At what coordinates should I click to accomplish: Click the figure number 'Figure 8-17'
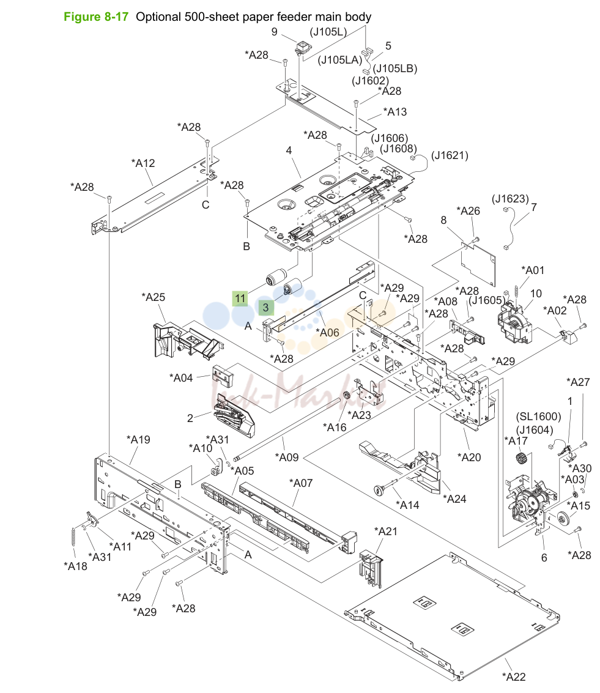pyautogui.click(x=96, y=17)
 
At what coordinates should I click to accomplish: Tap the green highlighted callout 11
pyautogui.click(x=240, y=298)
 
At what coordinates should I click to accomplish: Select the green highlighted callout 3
pyautogui.click(x=266, y=308)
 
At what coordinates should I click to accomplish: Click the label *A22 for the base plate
pyautogui.click(x=514, y=676)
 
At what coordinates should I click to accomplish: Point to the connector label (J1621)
pyautogui.click(x=450, y=155)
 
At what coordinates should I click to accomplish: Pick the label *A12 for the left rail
pyautogui.click(x=143, y=163)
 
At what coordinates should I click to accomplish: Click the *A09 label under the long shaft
pyautogui.click(x=287, y=458)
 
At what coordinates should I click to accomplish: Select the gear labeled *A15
pyautogui.click(x=563, y=517)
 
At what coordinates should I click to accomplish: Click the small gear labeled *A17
pyautogui.click(x=522, y=458)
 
